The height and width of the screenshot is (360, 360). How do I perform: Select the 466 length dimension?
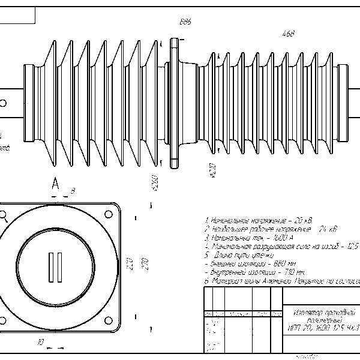288,34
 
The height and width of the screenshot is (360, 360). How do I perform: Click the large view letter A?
55,183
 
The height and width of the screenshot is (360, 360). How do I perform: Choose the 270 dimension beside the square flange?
143,265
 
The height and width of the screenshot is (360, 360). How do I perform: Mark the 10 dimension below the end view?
40,343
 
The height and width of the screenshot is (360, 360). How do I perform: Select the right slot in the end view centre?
60,267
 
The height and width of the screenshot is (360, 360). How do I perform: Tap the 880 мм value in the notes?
284,263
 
